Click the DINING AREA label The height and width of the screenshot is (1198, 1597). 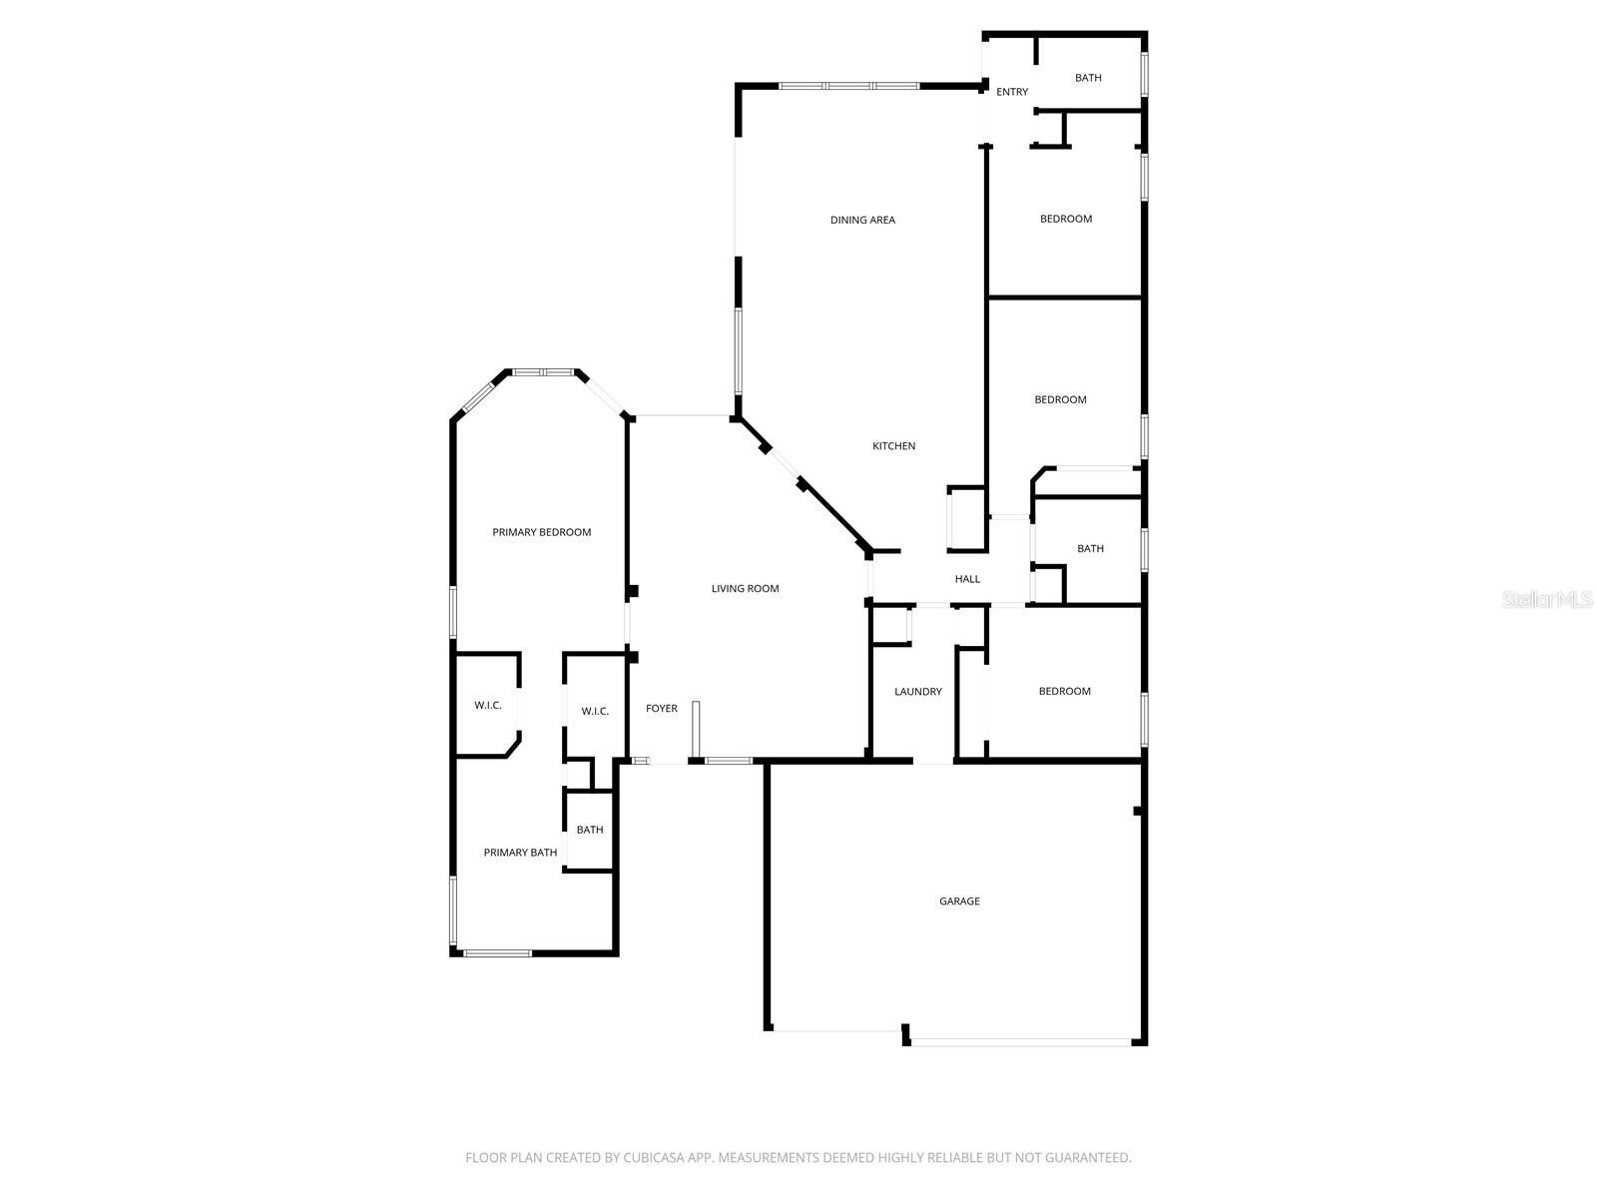tap(862, 220)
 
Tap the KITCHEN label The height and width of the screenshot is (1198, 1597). tap(893, 446)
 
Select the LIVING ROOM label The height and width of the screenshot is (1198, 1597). tap(745, 588)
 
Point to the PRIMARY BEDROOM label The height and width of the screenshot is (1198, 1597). tap(541, 532)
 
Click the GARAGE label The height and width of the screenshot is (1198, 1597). tap(959, 901)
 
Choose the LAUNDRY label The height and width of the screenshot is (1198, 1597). tap(917, 692)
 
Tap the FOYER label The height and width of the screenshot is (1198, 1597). tap(662, 709)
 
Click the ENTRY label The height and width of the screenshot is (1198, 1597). tap(1012, 92)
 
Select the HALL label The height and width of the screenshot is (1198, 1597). tap(967, 579)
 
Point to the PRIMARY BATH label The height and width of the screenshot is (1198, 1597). tap(520, 853)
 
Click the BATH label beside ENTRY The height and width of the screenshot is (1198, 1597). tap(1088, 78)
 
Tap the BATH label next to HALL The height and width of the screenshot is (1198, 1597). tap(1090, 548)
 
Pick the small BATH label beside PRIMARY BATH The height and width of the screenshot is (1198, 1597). tap(589, 830)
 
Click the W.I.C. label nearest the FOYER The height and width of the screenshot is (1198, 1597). tap(595, 712)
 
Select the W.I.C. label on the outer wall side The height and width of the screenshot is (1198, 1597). tap(487, 706)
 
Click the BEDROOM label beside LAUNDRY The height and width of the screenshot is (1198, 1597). tap(1064, 691)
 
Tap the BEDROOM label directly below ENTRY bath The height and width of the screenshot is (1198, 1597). tap(1066, 219)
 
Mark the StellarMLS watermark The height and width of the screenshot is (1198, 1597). tap(1547, 599)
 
